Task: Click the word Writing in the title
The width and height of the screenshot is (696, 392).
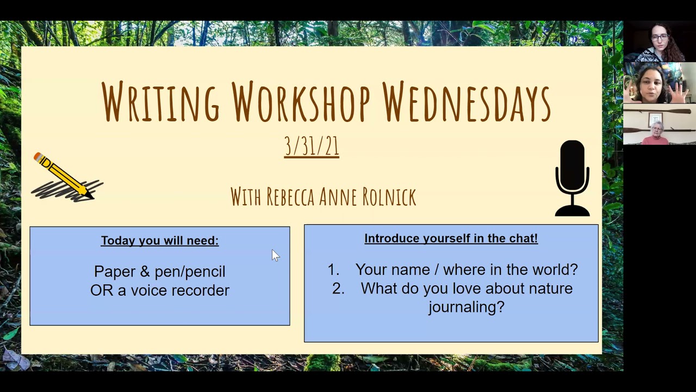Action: pos(160,101)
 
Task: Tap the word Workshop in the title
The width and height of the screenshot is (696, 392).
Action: pos(301,101)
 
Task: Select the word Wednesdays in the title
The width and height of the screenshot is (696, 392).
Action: pos(467,101)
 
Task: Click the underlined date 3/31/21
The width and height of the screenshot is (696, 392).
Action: pos(312,146)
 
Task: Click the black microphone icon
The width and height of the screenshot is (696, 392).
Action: pos(573,178)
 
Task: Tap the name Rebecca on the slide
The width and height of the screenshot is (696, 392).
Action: pos(290,197)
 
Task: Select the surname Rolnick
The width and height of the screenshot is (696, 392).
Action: pos(389,197)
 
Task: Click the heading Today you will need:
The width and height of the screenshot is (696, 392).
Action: pos(160,241)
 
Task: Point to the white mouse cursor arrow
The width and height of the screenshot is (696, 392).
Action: pos(275,256)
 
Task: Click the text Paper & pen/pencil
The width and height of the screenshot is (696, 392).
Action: pos(160,272)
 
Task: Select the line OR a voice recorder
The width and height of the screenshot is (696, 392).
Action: pos(160,290)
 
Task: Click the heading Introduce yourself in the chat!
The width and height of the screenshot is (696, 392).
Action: pos(451,238)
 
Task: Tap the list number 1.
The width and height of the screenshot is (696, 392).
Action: pos(333,269)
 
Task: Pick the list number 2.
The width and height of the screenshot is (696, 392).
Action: pos(338,289)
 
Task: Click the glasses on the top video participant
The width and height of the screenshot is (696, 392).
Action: pos(660,38)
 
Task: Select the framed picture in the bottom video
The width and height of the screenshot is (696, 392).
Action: pos(656,119)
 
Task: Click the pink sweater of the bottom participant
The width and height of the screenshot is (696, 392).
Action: pos(655,140)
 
